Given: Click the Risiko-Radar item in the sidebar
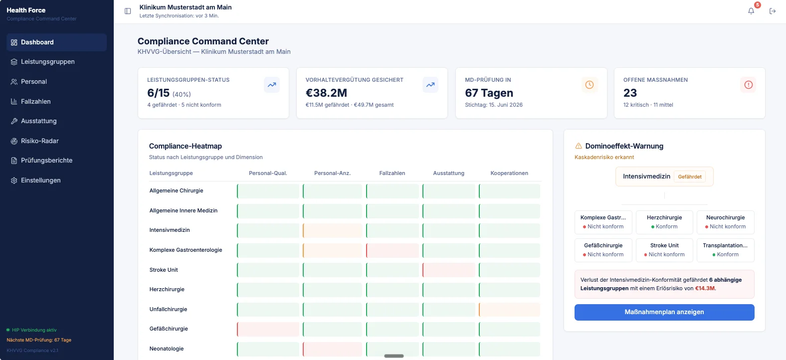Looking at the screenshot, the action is click(x=39, y=141).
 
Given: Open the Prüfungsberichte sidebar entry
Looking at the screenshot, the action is click(x=46, y=161).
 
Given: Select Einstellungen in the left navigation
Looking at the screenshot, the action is click(x=40, y=180).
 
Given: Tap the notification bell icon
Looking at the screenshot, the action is click(x=751, y=11).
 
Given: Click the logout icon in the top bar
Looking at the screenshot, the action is click(x=773, y=11).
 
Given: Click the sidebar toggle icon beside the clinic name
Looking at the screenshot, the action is click(x=128, y=11).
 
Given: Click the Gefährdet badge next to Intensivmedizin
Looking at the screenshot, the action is click(x=690, y=177).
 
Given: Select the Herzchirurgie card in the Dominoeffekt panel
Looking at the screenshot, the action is click(x=664, y=222).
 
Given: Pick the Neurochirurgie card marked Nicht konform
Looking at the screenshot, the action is click(x=725, y=222).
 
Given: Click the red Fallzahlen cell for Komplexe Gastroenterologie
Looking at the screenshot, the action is click(x=393, y=250).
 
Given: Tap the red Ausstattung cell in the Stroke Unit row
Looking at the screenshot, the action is click(x=449, y=270).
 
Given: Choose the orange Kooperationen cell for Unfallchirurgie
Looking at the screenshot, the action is click(x=509, y=310).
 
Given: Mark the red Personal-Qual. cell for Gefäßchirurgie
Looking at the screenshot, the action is click(x=268, y=329).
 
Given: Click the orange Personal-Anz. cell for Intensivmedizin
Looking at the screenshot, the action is click(x=332, y=230).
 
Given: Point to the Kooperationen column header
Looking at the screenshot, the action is click(x=509, y=173).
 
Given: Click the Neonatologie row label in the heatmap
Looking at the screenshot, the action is click(x=166, y=349).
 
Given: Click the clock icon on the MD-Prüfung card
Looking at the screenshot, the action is click(x=589, y=85).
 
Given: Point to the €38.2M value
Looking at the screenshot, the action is click(x=326, y=93).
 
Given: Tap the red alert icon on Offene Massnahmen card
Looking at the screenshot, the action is click(x=748, y=85).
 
